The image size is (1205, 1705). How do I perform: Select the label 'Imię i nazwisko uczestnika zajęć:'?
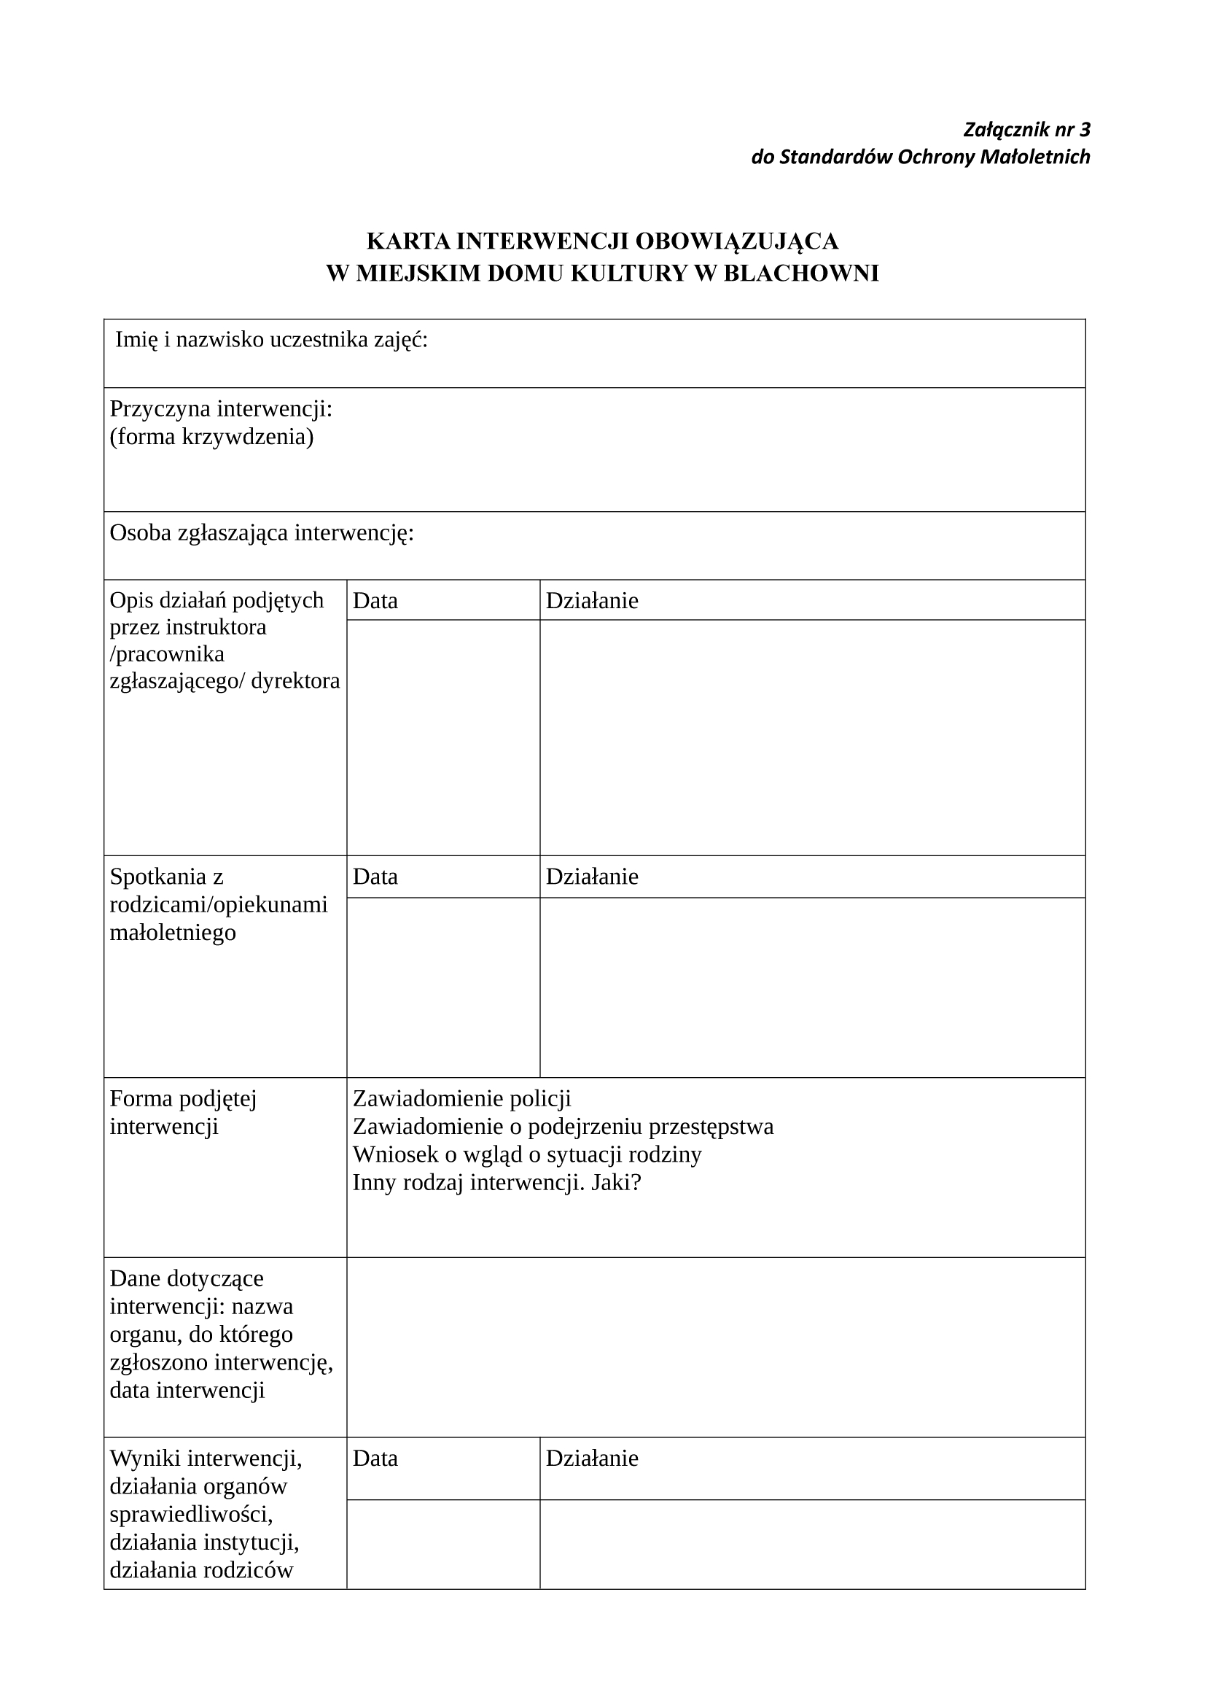tap(272, 340)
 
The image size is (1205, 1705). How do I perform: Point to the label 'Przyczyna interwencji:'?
tap(222, 408)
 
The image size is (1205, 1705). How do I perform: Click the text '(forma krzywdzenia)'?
tap(211, 437)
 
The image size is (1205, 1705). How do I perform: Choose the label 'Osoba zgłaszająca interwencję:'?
tap(262, 532)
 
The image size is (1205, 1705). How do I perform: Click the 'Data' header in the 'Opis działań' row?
tap(375, 600)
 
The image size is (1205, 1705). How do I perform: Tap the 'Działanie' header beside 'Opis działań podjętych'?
tap(592, 600)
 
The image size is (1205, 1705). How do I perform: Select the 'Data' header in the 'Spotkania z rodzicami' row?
tap(375, 877)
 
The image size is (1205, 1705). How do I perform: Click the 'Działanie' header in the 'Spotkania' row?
tap(592, 877)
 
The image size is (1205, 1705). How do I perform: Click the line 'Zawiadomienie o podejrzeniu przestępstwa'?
tap(563, 1127)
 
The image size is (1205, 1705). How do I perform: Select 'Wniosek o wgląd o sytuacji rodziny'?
tap(527, 1154)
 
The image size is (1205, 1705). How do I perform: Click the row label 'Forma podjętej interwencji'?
tap(184, 1112)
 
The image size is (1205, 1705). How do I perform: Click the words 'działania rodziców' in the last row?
tap(201, 1570)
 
